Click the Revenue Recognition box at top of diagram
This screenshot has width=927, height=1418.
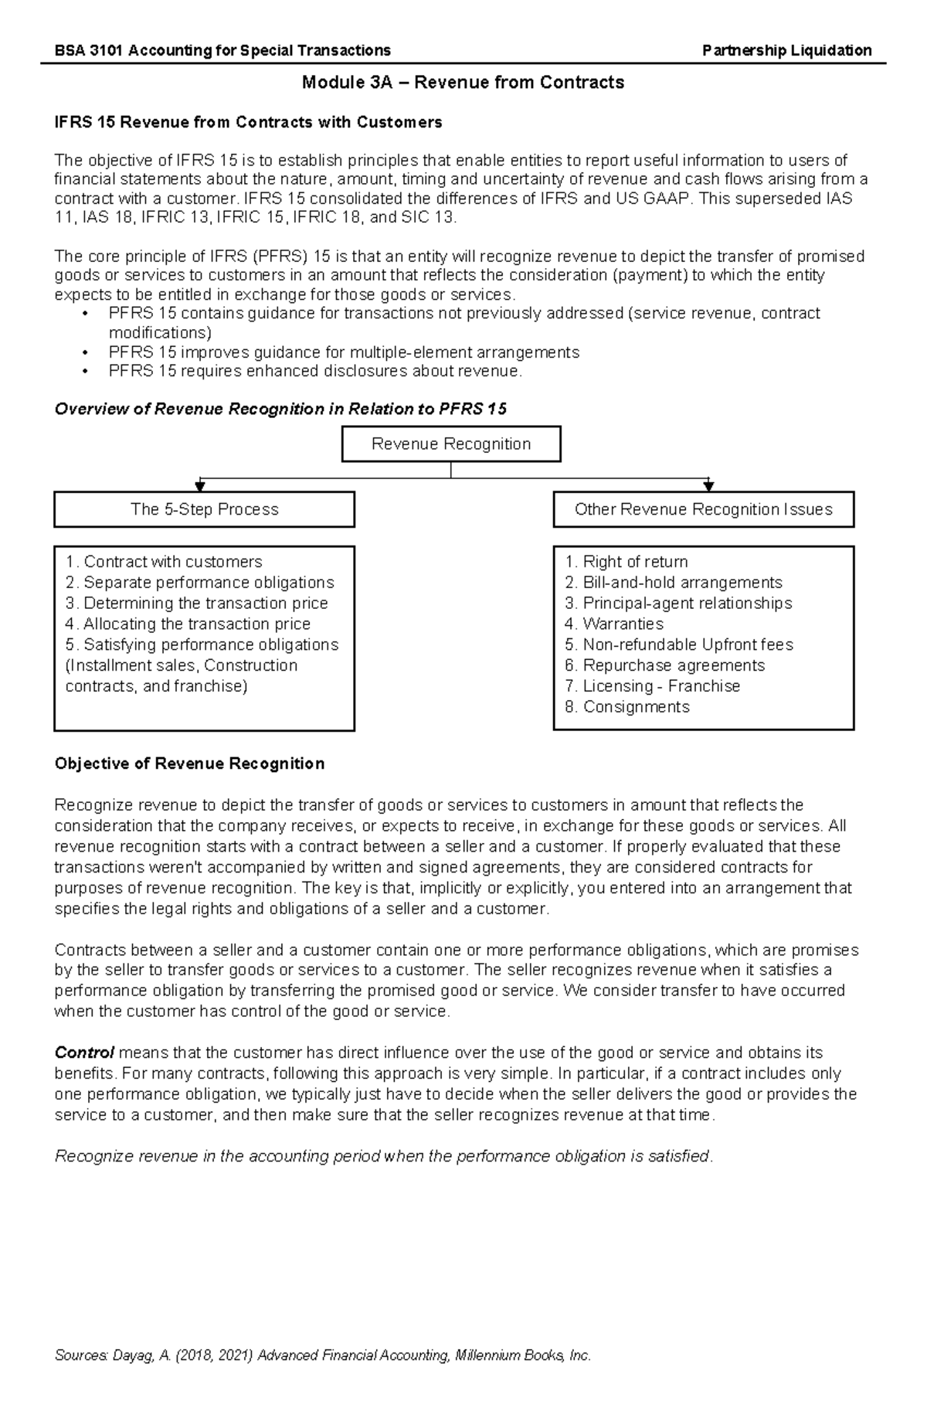point(451,444)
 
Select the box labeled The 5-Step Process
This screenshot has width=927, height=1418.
point(204,509)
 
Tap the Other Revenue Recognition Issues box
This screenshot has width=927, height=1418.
point(703,509)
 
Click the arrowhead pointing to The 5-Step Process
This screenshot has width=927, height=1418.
point(200,486)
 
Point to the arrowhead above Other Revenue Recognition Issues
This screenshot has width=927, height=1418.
point(708,486)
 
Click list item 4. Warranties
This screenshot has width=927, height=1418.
point(614,624)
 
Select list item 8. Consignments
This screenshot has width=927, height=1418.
point(627,706)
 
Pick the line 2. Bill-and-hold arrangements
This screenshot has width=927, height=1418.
point(674,583)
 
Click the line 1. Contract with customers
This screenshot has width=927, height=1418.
point(164,562)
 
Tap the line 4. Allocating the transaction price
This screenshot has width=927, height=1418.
point(188,624)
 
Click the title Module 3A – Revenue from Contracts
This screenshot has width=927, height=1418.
point(463,83)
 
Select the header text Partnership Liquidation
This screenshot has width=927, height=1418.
point(786,51)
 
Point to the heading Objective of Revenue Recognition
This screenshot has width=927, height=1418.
point(189,763)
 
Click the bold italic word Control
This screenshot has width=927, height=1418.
point(84,1052)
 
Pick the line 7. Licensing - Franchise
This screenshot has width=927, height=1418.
point(653,686)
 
